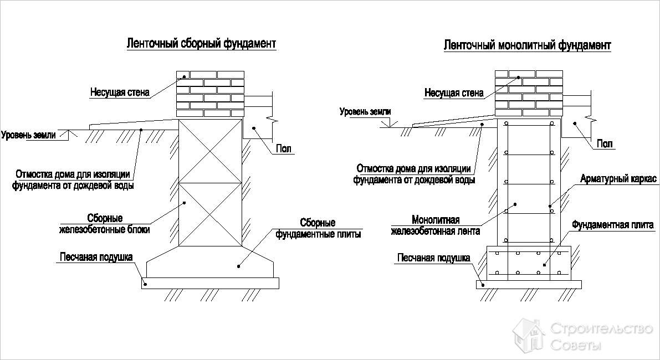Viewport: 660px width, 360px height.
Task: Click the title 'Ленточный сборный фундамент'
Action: (201, 44)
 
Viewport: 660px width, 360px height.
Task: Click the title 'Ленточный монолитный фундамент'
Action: (527, 45)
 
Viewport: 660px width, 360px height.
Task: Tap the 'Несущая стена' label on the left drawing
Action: (120, 92)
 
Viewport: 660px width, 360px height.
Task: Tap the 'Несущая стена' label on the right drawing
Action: (454, 92)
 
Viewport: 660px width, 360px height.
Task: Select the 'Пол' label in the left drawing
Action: (283, 148)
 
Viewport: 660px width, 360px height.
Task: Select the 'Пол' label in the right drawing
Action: (605, 144)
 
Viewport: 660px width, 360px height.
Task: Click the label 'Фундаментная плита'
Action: (612, 225)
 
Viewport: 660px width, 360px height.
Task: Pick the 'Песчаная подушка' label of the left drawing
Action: (96, 257)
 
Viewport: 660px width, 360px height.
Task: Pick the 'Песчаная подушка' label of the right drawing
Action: (433, 258)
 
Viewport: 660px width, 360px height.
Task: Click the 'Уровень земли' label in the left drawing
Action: (28, 135)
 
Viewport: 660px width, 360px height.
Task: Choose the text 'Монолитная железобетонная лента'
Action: (436, 225)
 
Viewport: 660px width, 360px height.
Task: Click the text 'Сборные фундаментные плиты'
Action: (318, 228)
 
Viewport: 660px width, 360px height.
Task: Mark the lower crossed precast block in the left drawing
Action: (210, 215)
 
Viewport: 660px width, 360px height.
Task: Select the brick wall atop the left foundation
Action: (210, 93)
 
